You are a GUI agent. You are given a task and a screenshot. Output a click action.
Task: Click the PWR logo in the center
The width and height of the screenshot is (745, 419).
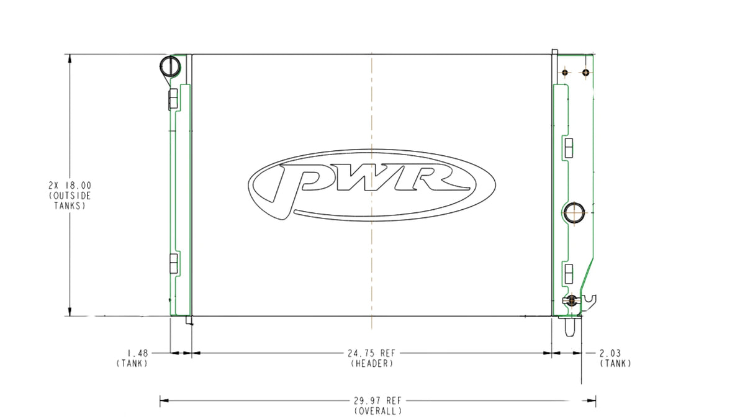(x=372, y=185)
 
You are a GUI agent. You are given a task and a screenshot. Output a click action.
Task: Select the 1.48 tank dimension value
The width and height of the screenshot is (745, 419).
(x=138, y=353)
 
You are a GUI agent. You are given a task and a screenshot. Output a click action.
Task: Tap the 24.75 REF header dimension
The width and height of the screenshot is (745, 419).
(x=371, y=353)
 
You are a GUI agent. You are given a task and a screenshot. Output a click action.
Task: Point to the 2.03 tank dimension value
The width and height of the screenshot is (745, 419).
(x=610, y=353)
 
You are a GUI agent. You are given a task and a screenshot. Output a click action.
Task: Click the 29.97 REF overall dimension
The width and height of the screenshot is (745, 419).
(x=377, y=400)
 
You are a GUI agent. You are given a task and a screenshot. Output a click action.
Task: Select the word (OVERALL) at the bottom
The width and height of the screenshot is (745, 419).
(x=378, y=411)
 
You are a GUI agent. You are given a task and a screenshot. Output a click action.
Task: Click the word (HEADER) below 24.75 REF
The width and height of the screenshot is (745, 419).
(x=372, y=364)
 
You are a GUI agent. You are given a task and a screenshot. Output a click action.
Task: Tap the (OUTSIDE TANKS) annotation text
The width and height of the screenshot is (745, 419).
(x=70, y=201)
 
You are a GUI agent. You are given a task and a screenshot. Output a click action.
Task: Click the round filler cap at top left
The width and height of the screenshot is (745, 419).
(x=170, y=66)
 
